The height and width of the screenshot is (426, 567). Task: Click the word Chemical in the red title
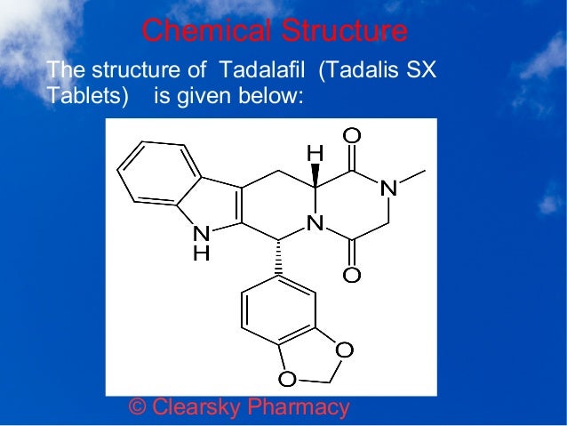pos(196,31)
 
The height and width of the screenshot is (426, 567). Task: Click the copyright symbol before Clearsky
pos(138,407)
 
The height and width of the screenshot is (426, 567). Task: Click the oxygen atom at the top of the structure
pos(352,134)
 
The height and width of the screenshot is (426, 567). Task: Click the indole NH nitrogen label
pos(203,234)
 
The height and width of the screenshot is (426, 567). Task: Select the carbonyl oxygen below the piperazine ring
pos(352,275)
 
